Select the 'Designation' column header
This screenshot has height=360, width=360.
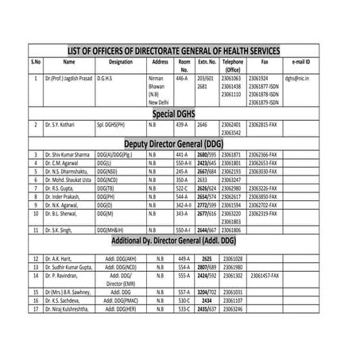coord(121,61)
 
